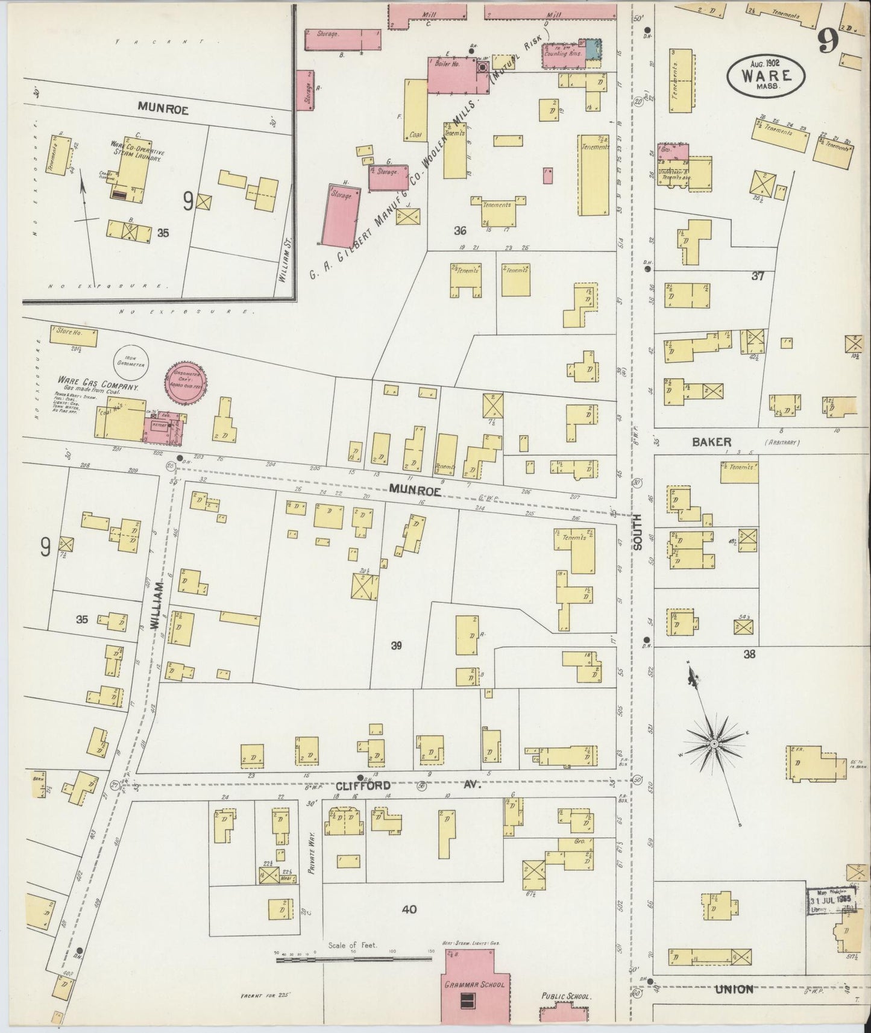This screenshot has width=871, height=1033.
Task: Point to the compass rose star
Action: coord(713,745)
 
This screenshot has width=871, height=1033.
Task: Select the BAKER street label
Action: coord(711,442)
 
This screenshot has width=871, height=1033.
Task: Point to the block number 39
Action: coord(396,645)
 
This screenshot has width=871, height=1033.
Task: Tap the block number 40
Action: coord(410,909)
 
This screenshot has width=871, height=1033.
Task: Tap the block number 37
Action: coord(758,276)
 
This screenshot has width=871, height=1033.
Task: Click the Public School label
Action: coord(565,996)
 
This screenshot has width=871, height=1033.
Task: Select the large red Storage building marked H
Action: coord(345,215)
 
